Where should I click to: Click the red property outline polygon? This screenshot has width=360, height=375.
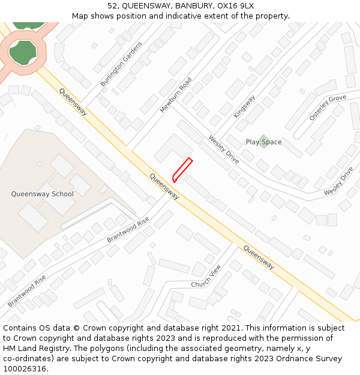click(182, 169)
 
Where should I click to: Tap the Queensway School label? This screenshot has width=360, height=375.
click(42, 194)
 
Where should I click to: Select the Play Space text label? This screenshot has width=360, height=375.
click(263, 142)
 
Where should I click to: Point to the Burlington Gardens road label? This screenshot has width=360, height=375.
click(122, 64)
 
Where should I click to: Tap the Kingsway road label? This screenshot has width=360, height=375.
click(245, 106)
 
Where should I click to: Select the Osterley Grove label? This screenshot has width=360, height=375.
click(328, 107)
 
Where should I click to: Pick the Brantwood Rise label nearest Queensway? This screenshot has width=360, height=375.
click(128, 230)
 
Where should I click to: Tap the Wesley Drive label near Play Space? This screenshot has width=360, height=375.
click(224, 149)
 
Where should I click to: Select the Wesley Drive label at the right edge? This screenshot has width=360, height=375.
click(339, 181)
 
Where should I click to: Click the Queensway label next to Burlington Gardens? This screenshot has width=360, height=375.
click(73, 103)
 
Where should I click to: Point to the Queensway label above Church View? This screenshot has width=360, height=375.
click(259, 257)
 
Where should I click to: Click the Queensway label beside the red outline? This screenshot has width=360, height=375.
click(164, 187)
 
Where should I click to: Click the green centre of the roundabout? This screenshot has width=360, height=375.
click(22, 53)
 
